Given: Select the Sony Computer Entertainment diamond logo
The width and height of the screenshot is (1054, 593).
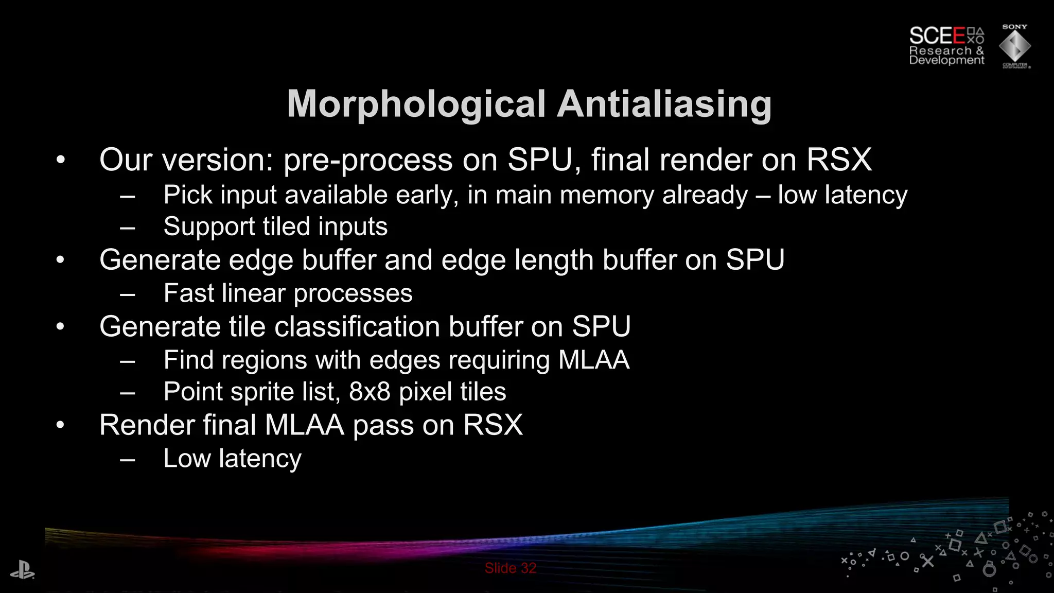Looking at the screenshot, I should coord(1014,47).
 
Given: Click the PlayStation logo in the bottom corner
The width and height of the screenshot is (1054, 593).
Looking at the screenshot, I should coord(22,571).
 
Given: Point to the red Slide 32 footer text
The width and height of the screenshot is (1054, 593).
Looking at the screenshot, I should coord(510,568).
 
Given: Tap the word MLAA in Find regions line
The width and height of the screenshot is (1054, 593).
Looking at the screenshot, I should coord(593,360).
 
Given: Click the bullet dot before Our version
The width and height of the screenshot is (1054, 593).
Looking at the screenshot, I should coord(61,160).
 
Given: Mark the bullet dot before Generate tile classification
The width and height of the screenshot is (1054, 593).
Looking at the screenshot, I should coord(61,327).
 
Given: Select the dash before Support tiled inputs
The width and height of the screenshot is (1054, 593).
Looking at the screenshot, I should coord(127,227).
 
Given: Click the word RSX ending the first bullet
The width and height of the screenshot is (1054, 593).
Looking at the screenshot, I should coord(839,160).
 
